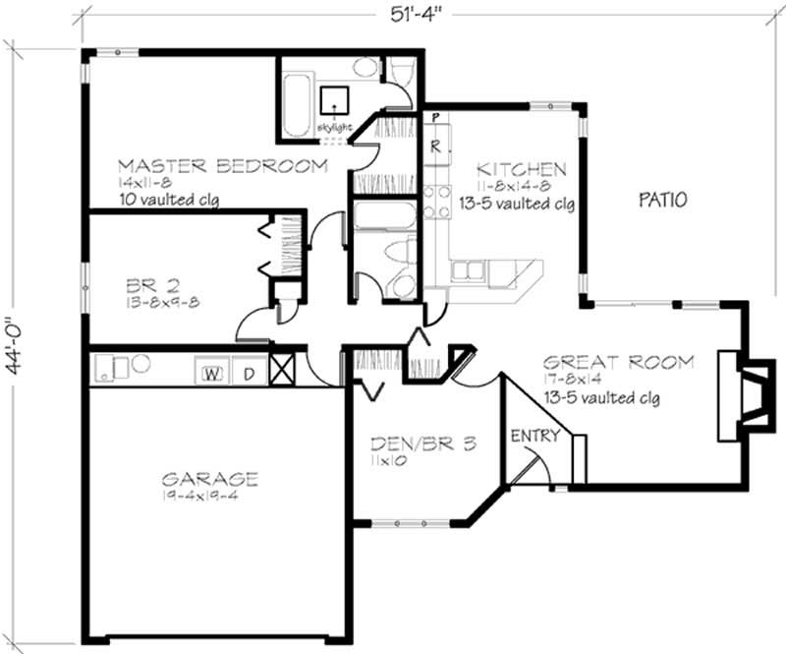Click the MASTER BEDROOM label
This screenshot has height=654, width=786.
pos(222,165)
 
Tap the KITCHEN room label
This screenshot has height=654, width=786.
pos(521,169)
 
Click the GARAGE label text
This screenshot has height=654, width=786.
pos(210,479)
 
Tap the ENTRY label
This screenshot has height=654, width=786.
pos(535,436)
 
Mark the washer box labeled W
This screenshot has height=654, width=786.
pos(210,373)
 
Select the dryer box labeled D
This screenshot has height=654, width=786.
pos(250,373)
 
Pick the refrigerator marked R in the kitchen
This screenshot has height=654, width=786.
pos(434,148)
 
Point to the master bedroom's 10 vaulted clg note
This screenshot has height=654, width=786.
pos(168,200)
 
